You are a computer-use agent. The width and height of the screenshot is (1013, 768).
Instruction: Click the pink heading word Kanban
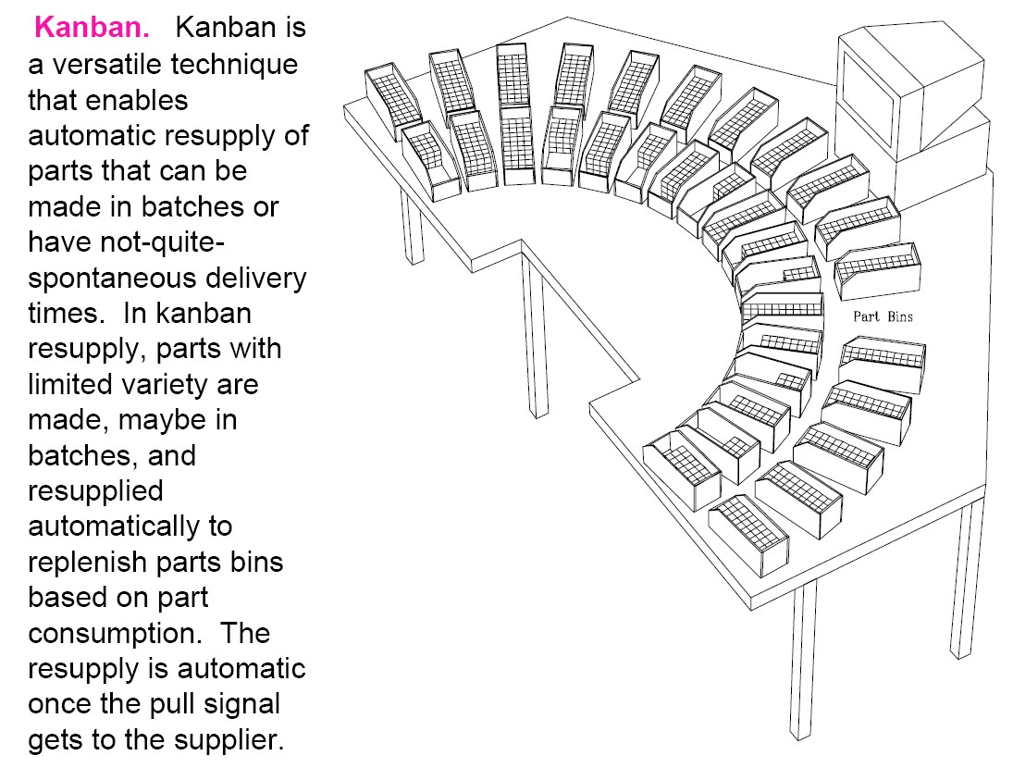click(x=92, y=28)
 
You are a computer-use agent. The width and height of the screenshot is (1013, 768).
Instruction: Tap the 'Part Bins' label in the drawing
click(x=883, y=316)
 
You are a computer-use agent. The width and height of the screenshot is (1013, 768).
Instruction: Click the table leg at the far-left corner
click(x=412, y=224)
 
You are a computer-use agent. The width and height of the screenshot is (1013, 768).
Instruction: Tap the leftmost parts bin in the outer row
click(x=393, y=102)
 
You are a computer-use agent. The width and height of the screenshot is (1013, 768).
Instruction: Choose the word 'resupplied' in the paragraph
click(x=95, y=491)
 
